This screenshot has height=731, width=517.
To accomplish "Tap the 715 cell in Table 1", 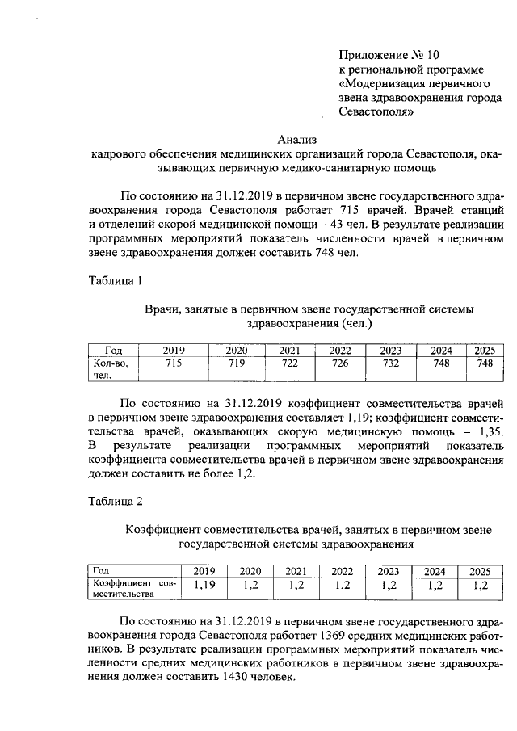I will click(174, 364).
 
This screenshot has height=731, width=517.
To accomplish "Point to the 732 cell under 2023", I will click(391, 364).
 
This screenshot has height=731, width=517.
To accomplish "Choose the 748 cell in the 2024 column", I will click(442, 364).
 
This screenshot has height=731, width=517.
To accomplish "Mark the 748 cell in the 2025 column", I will click(484, 364).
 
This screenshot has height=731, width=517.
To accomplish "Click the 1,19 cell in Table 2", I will click(205, 586).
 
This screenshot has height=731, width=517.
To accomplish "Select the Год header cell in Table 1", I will click(113, 350).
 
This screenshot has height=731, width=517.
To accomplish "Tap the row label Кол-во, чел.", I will click(105, 369).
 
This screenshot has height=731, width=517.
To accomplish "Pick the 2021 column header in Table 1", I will click(289, 350).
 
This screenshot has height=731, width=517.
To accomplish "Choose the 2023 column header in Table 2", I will click(389, 570).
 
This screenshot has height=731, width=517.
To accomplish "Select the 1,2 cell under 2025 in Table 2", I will click(481, 586).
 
